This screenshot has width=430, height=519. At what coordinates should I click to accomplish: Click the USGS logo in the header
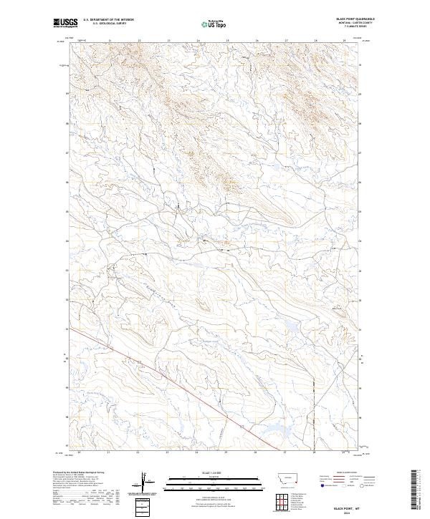[x=64, y=23]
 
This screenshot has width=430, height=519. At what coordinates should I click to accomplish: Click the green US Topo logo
[x=214, y=23]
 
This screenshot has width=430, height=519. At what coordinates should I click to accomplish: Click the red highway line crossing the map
[x=179, y=387]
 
